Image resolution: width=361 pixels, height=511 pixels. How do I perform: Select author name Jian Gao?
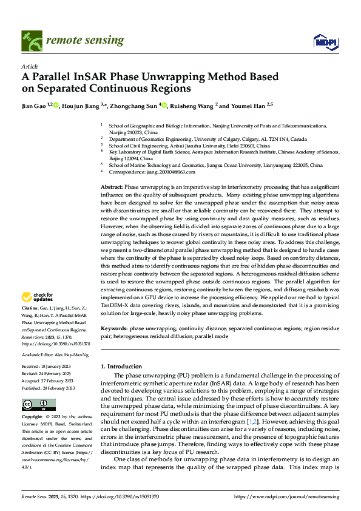point(35,106)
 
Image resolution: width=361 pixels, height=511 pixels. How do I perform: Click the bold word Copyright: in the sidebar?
point(33,418)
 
